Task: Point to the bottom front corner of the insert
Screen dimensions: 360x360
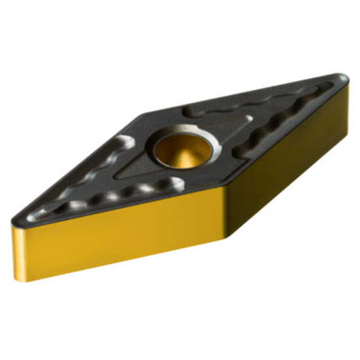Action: click(x=226, y=240)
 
